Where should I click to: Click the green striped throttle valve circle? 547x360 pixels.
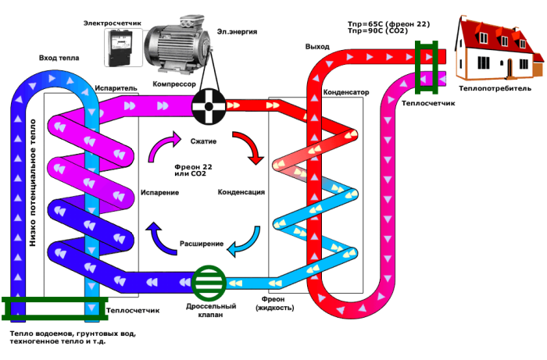coord(209,282)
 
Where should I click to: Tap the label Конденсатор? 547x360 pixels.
coord(345,91)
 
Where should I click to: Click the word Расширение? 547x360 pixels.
coord(202,244)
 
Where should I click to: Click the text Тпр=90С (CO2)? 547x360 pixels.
coord(378,32)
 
